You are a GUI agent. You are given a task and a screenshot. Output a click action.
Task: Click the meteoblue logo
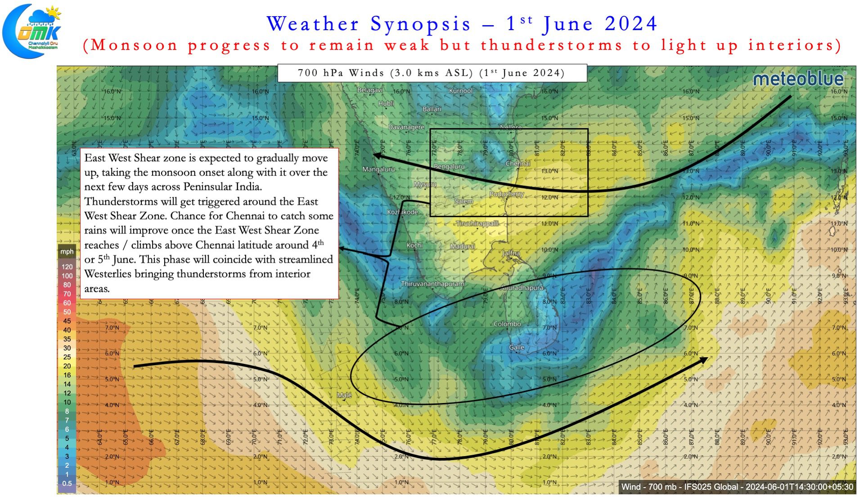coord(799,79)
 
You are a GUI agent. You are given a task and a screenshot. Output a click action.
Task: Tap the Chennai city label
coord(517,164)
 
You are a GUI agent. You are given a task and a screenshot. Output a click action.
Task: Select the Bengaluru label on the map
coord(449,166)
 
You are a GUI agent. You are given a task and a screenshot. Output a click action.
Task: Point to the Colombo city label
coord(507,324)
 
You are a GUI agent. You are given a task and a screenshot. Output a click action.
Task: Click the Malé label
coord(344,395)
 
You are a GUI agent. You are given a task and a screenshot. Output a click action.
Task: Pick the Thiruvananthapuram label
coord(432,284)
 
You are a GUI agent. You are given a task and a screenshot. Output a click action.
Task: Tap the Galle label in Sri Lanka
coord(517,347)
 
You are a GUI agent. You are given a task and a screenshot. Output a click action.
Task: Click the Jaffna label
coord(511,253)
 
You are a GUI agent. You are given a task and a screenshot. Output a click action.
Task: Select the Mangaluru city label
coord(378,170)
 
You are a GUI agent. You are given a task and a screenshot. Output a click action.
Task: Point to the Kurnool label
coord(460,91)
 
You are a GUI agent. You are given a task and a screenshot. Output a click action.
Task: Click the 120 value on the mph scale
coord(67,267)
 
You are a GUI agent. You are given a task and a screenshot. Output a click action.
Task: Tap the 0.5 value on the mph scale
coord(67,484)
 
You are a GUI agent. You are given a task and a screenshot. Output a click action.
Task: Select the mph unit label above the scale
coord(67,252)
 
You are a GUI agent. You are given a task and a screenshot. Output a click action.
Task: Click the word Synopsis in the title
coord(420,24)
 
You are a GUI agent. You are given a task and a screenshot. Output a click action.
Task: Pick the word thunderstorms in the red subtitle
coord(552,45)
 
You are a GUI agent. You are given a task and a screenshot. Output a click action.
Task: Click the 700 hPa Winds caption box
coord(432,73)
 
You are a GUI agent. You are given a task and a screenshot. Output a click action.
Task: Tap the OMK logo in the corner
coord(32,31)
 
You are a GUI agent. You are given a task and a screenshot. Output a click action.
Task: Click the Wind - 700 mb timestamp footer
coord(737,487)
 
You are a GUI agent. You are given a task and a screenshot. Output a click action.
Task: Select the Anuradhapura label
coord(522,288)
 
